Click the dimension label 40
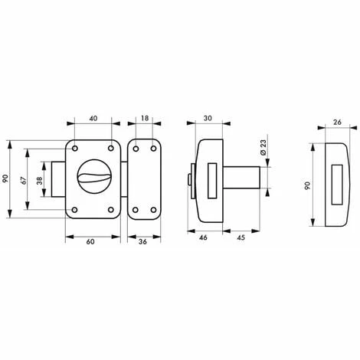(93, 119)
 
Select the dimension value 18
(145, 118)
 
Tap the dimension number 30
(208, 118)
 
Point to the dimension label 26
(337, 123)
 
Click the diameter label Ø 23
(263, 147)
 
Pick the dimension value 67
(24, 181)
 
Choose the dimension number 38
(40, 181)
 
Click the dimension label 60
(90, 241)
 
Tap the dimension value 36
(142, 241)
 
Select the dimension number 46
(203, 237)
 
